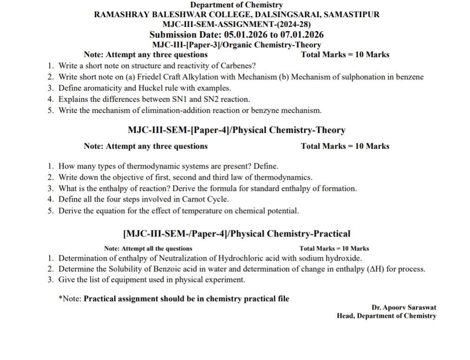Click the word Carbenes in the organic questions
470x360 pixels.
tap(238, 66)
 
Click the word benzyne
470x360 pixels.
tap(263, 111)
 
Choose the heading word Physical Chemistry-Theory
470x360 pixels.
tap(288, 131)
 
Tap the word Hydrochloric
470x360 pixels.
tap(231, 259)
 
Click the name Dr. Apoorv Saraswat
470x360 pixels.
tap(404, 308)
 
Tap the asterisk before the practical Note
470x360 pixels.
tap(60, 299)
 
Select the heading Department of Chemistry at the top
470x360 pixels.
tap(236, 5)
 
